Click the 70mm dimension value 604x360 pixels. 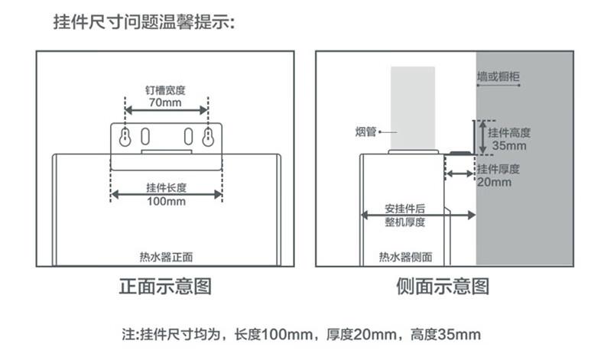pyautogui.click(x=165, y=102)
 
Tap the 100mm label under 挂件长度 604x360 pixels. pyautogui.click(x=167, y=201)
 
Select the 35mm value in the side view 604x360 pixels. pyautogui.click(x=509, y=145)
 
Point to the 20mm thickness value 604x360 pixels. pyautogui.click(x=494, y=182)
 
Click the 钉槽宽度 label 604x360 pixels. pyautogui.click(x=165, y=90)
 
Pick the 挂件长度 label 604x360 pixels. pyautogui.click(x=167, y=188)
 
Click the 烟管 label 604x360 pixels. pyautogui.click(x=365, y=131)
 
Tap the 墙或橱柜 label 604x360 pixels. pyautogui.click(x=498, y=76)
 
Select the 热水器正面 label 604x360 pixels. pyautogui.click(x=166, y=257)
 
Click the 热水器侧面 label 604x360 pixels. pyautogui.click(x=406, y=257)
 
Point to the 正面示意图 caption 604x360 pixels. pyautogui.click(x=165, y=287)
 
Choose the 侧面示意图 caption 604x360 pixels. pyautogui.click(x=443, y=287)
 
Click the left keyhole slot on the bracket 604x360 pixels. pyautogui.click(x=125, y=137)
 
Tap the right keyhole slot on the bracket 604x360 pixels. pyautogui.click(x=208, y=137)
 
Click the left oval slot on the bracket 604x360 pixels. pyautogui.click(x=145, y=136)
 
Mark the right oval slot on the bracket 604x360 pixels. pyautogui.click(x=188, y=136)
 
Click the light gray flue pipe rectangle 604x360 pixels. pyautogui.click(x=413, y=109)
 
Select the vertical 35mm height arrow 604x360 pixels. pyautogui.click(x=482, y=138)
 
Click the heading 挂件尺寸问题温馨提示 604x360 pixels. pyautogui.click(x=144, y=21)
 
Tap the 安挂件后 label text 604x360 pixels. pyautogui.click(x=405, y=209)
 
